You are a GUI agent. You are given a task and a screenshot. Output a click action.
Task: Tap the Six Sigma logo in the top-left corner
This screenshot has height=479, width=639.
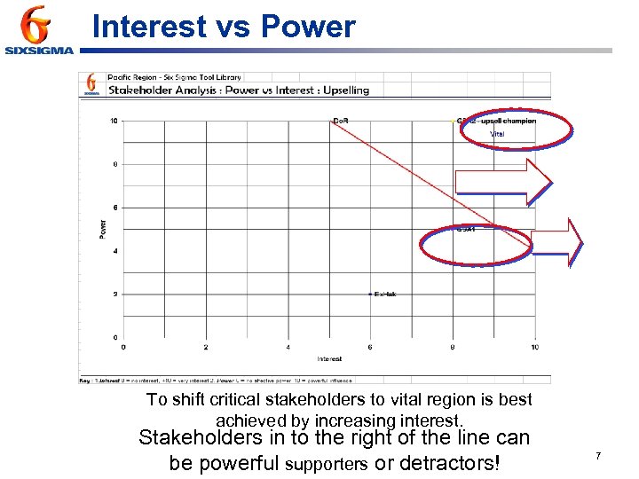coord(38,31)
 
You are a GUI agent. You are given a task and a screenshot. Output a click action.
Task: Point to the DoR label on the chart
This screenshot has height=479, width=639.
coord(341,121)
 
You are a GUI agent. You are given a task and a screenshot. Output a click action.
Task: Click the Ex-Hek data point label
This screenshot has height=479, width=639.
coord(385,294)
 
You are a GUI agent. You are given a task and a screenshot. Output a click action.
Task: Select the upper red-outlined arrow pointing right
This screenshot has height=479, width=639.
coord(503,182)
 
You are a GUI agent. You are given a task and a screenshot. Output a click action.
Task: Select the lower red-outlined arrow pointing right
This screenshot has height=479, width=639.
coord(557,241)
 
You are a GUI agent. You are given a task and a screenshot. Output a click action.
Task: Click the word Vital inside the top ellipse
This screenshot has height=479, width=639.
coord(497,134)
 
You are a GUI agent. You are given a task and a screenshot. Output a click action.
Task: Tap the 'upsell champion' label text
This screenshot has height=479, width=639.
coord(508,121)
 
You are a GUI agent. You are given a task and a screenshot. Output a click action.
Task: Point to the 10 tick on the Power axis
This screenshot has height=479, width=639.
coord(114,121)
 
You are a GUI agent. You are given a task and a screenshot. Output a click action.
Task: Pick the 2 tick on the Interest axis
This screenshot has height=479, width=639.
coord(206,347)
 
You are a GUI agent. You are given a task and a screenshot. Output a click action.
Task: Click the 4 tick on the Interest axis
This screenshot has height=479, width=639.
coord(288,347)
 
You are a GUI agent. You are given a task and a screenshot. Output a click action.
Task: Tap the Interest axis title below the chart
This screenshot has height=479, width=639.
coord(329,359)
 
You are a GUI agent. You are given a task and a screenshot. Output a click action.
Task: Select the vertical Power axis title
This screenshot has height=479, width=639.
coord(102,229)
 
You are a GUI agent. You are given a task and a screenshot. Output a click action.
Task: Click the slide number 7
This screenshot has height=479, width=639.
coord(598,456)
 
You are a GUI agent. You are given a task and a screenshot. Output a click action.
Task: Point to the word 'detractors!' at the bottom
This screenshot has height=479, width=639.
coord(450,463)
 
